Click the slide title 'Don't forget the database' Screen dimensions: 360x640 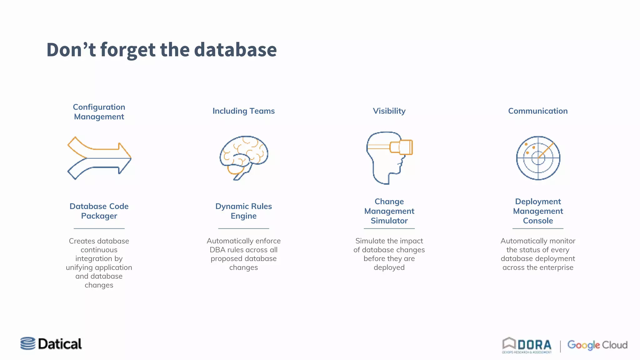click(162, 50)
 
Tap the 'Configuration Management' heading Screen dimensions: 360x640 click(99, 112)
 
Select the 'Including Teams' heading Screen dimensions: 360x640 click(243, 111)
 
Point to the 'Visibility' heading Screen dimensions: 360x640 click(389, 111)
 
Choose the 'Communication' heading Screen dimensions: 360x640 click(538, 111)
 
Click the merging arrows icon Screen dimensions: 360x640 click(99, 158)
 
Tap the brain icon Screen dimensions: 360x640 click(244, 157)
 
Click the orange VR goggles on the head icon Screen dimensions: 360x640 click(402, 147)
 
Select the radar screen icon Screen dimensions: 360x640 click(538, 158)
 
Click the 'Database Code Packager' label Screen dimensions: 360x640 click(99, 211)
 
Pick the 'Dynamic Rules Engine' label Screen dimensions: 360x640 click(243, 211)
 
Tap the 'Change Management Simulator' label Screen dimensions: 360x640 click(389, 211)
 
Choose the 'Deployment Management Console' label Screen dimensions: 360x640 click(538, 211)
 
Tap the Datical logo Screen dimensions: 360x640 click(51, 344)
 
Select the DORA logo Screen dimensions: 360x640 click(527, 345)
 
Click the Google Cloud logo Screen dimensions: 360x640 click(597, 345)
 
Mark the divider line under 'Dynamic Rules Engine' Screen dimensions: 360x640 click(243, 228)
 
